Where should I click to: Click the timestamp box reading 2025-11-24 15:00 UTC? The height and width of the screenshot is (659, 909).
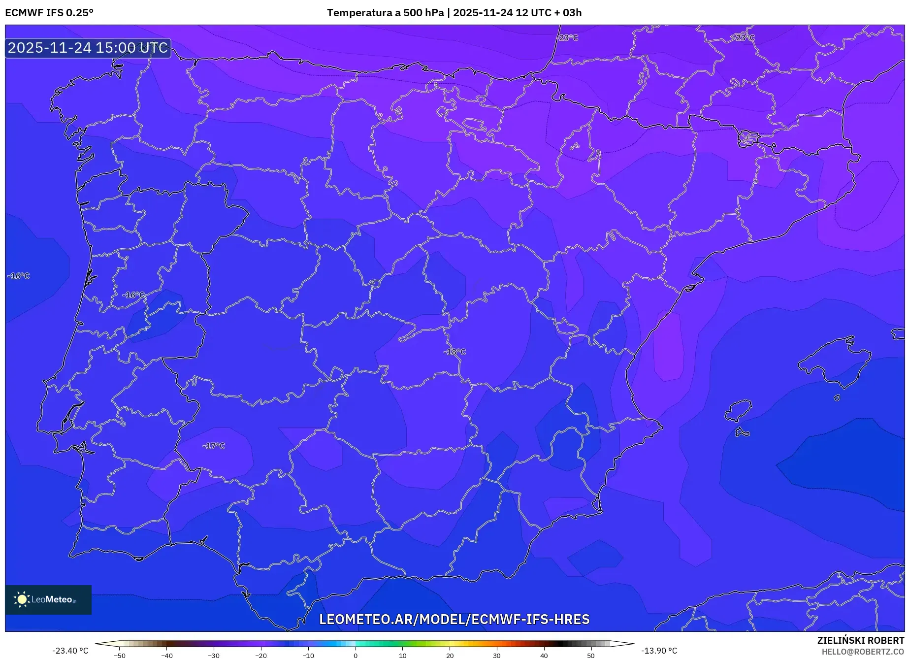click(x=88, y=48)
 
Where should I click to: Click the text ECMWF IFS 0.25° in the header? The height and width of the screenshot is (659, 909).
click(x=49, y=13)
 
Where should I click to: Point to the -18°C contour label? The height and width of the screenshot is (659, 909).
click(x=454, y=352)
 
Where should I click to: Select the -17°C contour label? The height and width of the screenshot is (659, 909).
click(x=214, y=446)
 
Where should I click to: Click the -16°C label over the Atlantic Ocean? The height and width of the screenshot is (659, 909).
click(x=19, y=276)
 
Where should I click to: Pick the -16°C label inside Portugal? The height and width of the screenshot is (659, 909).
click(x=133, y=295)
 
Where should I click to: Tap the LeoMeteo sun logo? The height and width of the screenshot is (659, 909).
click(x=22, y=599)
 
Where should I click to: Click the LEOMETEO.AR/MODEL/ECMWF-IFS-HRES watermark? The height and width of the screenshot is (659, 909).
click(x=454, y=619)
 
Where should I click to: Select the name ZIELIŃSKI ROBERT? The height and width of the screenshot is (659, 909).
click(x=860, y=640)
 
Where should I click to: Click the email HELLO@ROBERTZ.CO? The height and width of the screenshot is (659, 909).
click(x=863, y=652)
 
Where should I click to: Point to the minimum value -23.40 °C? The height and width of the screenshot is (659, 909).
click(x=70, y=651)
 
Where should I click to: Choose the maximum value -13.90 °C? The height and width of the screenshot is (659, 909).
click(x=659, y=651)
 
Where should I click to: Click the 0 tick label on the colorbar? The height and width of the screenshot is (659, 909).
click(x=356, y=656)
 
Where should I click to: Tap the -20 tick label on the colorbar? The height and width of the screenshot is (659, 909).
click(x=261, y=656)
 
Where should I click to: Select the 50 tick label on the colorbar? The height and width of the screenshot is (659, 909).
click(x=591, y=656)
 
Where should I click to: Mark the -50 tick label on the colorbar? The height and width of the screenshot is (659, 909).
click(x=120, y=656)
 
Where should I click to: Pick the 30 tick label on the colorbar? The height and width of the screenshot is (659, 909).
click(x=497, y=656)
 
